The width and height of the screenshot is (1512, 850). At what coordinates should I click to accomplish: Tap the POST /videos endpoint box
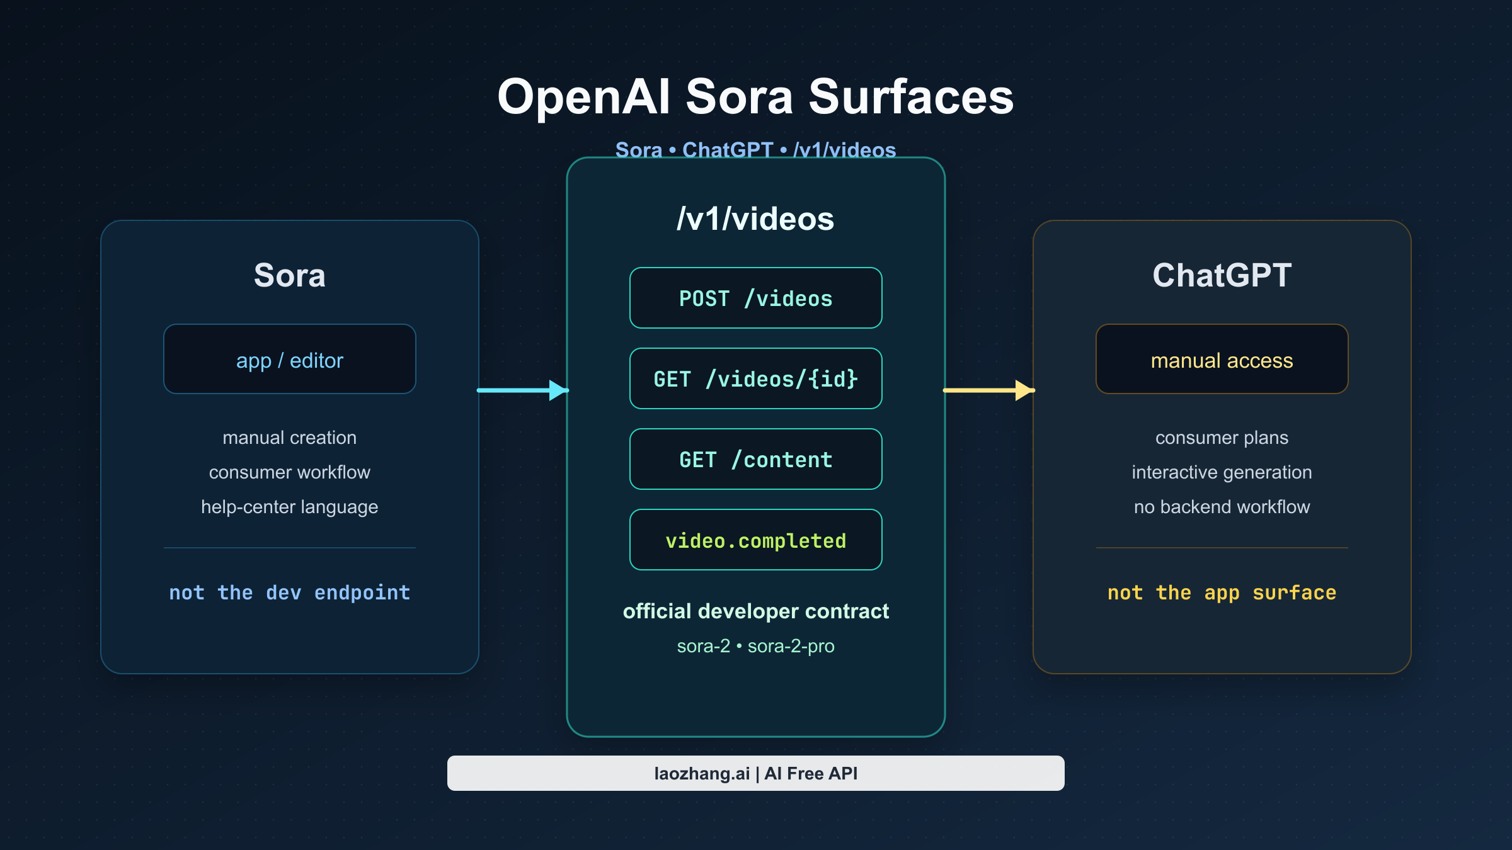[755, 298]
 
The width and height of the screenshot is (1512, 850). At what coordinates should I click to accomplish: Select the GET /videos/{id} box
[755, 378]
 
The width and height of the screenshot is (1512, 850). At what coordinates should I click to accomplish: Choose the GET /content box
[755, 459]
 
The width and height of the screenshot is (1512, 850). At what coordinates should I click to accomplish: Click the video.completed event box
[755, 540]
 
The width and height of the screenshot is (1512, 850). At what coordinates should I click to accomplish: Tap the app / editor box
[289, 360]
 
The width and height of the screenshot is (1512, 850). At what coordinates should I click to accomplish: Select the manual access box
[1222, 360]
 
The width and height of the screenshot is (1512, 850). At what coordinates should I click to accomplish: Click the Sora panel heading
[289, 275]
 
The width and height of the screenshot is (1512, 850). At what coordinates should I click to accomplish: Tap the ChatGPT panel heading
[1222, 275]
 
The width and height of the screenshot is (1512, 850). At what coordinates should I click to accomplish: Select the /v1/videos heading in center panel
[755, 219]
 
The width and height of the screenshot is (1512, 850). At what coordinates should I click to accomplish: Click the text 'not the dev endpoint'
[289, 592]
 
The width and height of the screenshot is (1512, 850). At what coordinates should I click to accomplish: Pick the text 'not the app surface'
[1222, 592]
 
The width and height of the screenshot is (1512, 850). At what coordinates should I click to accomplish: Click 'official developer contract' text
[755, 611]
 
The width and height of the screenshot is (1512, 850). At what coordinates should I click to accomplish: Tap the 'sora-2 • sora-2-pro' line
[755, 646]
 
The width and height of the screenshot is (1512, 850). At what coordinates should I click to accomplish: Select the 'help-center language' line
[289, 507]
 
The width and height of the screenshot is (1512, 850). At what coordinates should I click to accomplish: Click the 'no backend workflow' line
[1222, 507]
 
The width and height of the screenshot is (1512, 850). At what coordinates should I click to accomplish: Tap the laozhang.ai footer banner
[755, 773]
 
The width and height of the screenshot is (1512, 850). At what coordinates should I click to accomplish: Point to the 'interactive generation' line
[1222, 472]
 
